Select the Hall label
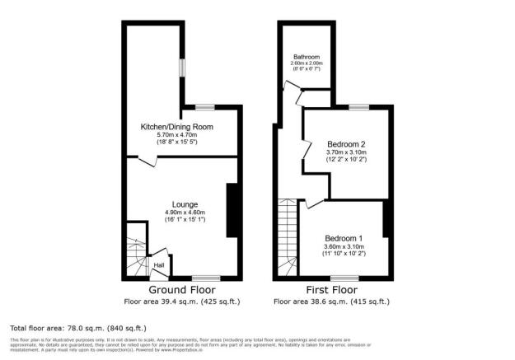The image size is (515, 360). coord(157,265)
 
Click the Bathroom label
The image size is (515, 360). coord(307,57)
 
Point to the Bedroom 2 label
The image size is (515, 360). coord(345,143)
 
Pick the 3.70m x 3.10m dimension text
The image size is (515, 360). coord(345,152)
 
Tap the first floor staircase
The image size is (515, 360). coord(288,235)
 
